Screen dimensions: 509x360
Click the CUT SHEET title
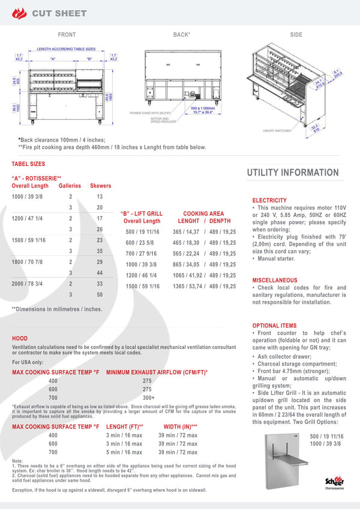click(x=59, y=13)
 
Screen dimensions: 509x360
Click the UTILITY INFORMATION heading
click(x=293, y=173)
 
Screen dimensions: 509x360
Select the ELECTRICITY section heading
click(x=269, y=200)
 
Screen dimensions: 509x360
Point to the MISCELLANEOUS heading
click(x=275, y=280)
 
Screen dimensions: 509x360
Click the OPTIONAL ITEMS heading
click(x=274, y=326)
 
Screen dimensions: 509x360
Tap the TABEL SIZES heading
click(x=28, y=164)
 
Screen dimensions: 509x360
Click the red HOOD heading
click(x=19, y=339)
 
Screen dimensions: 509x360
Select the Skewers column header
click(x=100, y=186)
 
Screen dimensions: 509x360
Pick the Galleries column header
click(x=70, y=186)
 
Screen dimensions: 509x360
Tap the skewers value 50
click(x=100, y=294)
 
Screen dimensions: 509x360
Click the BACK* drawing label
click(x=182, y=35)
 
